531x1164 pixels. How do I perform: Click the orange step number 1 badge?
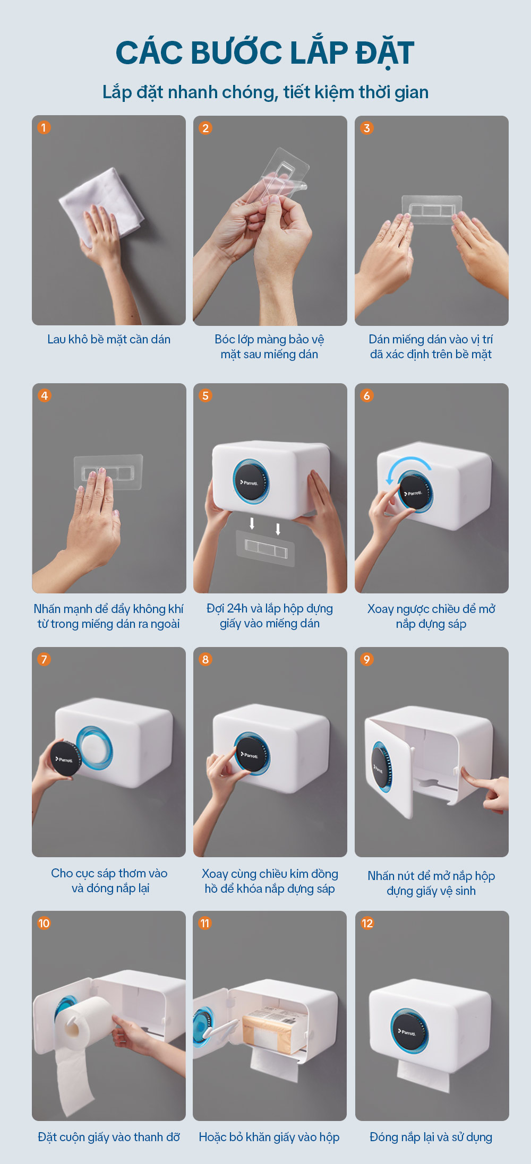point(44,127)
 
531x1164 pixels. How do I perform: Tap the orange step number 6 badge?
point(367,395)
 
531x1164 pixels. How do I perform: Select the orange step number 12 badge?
point(367,923)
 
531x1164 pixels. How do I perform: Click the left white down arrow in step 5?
point(252,524)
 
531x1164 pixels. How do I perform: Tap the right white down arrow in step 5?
point(278,529)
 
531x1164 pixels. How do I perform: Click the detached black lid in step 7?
point(65,759)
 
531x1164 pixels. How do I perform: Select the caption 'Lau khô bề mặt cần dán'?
point(109,339)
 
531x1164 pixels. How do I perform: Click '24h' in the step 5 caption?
point(237,608)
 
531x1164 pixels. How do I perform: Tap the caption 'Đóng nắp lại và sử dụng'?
point(431,1137)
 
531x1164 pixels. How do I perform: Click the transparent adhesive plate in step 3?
point(432,209)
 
